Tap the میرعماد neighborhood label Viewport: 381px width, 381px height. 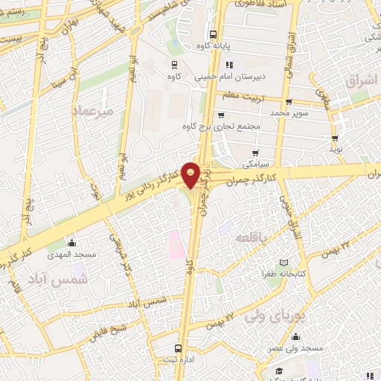tap(92, 111)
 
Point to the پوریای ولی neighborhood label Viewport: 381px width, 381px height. tap(301, 314)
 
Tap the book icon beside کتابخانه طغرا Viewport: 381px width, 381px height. tap(282, 263)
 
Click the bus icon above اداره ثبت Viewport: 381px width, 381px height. tap(177, 348)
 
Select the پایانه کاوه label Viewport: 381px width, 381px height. tap(211, 45)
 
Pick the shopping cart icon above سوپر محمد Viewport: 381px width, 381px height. tap(288, 102)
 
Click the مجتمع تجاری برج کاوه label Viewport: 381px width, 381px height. tap(220, 126)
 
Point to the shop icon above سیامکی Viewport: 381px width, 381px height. tap(254, 153)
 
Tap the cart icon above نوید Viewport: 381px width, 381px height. tap(336, 138)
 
